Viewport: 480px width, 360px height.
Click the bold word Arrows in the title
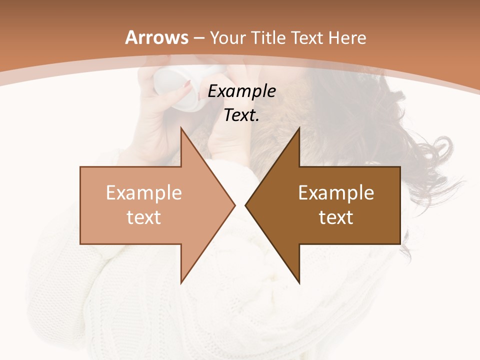[x=157, y=37]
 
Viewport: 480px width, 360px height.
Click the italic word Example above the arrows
[x=242, y=91]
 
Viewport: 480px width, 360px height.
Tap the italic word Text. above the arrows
[x=242, y=115]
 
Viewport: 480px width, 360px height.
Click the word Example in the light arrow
[x=144, y=192]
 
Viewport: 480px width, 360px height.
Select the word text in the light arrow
[x=144, y=217]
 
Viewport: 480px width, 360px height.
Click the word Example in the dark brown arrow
[x=336, y=192]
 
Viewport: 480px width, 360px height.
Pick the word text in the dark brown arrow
[x=336, y=217]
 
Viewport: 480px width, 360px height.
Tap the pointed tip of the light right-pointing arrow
[x=234, y=205]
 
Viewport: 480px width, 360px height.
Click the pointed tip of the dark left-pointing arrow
[x=245, y=205]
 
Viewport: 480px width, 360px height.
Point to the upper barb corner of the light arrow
[x=181, y=128]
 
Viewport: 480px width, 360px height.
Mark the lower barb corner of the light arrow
[x=181, y=282]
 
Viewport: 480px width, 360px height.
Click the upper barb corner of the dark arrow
[x=299, y=128]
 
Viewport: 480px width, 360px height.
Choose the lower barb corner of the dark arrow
[x=299, y=282]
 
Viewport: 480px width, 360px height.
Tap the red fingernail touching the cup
[x=187, y=85]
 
